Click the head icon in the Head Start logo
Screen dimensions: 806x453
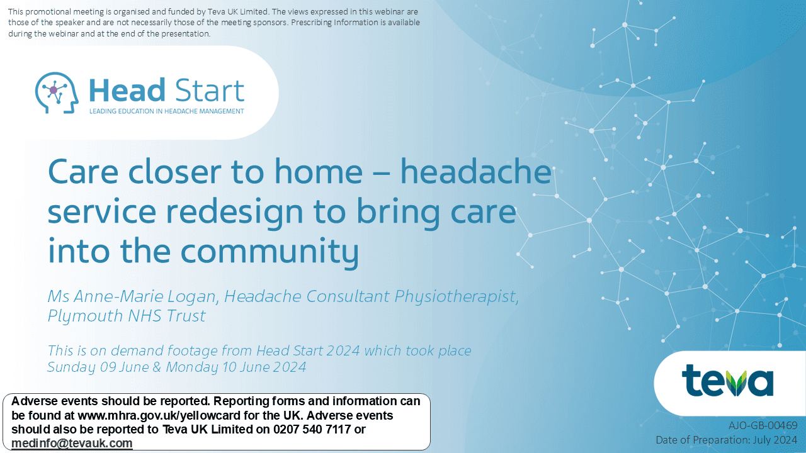click(57, 92)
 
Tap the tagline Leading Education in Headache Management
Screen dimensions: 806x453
click(167, 111)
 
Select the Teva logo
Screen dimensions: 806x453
click(727, 381)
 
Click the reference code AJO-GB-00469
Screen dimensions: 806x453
click(763, 425)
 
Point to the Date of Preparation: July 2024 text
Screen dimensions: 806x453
click(727, 440)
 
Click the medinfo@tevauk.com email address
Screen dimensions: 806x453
click(72, 444)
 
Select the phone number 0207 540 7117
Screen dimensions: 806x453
click(312, 429)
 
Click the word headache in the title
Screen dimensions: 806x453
click(475, 172)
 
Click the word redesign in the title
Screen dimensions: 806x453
click(235, 212)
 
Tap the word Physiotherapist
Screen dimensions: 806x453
click(457, 297)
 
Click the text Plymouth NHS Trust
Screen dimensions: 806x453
click(127, 316)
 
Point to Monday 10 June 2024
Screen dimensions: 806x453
click(236, 367)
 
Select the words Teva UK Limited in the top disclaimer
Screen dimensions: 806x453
click(237, 11)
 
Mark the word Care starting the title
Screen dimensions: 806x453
click(83, 172)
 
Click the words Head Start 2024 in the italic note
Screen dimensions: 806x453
click(308, 350)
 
